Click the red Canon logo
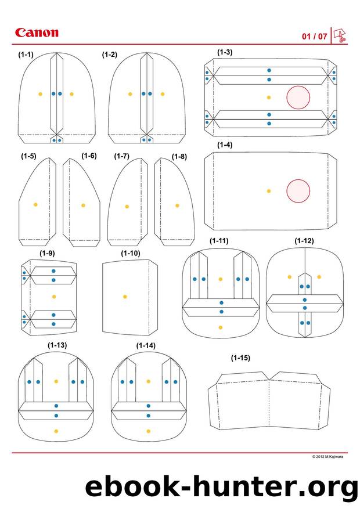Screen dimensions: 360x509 click(x=37, y=33)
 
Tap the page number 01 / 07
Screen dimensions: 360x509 click(x=314, y=36)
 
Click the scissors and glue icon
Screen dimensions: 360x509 click(x=340, y=36)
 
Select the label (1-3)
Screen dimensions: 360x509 click(x=225, y=52)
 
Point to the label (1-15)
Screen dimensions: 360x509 click(x=240, y=358)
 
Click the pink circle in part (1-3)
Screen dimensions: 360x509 click(x=298, y=97)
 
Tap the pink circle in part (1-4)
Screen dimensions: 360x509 click(x=298, y=191)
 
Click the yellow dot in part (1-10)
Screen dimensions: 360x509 click(x=125, y=297)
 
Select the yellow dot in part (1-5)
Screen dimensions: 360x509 click(x=35, y=204)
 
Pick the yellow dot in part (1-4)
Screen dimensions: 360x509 click(x=268, y=191)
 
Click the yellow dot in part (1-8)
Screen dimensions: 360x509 click(x=177, y=205)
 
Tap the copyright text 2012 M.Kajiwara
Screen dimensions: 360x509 click(x=327, y=456)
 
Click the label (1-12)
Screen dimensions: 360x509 click(x=304, y=240)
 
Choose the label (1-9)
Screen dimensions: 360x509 click(x=47, y=253)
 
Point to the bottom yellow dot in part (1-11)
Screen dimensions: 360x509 click(x=221, y=327)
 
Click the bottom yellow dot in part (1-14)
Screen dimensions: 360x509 click(x=148, y=431)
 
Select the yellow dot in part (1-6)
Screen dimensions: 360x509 click(x=83, y=205)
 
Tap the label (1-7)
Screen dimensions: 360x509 click(x=122, y=156)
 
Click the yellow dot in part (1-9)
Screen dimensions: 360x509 click(x=54, y=297)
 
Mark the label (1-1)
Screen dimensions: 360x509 click(x=26, y=54)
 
